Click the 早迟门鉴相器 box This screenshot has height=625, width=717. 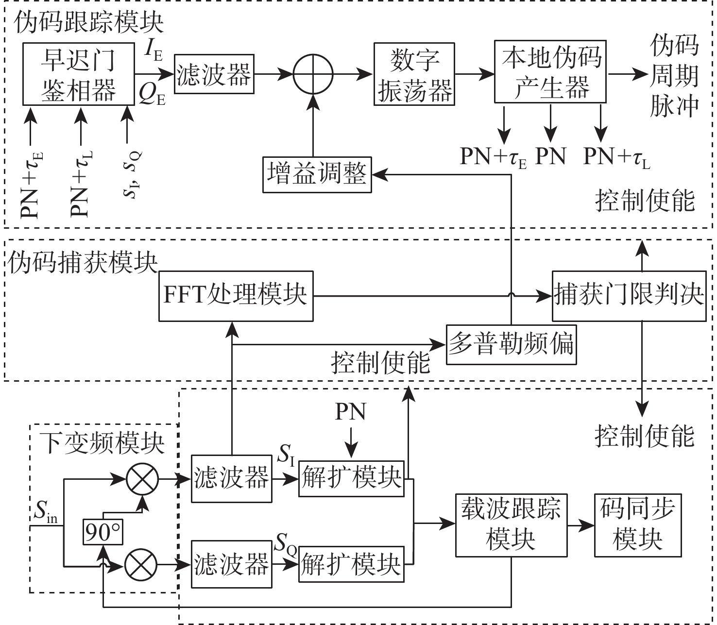click(x=78, y=74)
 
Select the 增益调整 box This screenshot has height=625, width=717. click(x=317, y=174)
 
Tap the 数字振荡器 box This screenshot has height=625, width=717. click(x=414, y=74)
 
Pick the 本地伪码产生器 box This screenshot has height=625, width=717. click(x=550, y=72)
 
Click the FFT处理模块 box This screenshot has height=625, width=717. click(x=236, y=296)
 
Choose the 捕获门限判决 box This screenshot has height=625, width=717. click(x=629, y=296)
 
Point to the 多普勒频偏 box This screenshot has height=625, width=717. click(x=511, y=344)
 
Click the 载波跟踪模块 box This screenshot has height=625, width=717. click(x=511, y=525)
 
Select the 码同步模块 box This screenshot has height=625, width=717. click(x=637, y=525)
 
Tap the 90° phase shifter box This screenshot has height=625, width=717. click(x=103, y=532)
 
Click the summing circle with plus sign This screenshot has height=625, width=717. click(x=313, y=74)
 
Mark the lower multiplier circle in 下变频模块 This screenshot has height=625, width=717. click(x=141, y=565)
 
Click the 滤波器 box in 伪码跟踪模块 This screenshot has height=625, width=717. click(x=214, y=74)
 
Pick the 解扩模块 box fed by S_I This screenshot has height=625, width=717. click(x=351, y=479)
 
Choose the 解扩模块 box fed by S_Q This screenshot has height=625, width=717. click(x=351, y=564)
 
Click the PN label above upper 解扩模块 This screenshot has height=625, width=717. click(x=351, y=412)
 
